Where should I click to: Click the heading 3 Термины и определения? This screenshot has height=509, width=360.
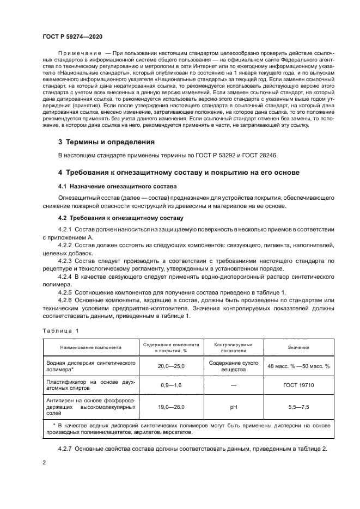tap(106, 142)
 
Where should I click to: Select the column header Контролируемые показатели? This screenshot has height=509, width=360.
tap(233, 347)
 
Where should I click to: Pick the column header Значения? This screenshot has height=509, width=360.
tap(298, 347)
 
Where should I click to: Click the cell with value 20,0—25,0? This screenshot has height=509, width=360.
tap(172, 366)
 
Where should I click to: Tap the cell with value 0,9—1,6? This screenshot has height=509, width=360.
tap(172, 385)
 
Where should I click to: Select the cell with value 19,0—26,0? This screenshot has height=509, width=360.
tap(172, 406)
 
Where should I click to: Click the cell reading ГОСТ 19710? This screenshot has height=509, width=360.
tap(298, 385)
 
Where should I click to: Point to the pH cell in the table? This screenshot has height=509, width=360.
tap(233, 406)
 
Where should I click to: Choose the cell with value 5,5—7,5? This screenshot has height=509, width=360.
tap(298, 406)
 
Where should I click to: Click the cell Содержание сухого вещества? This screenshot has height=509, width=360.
tap(233, 366)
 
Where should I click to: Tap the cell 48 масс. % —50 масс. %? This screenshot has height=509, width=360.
tap(298, 366)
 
